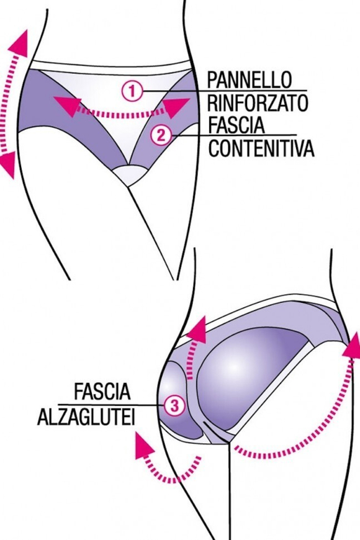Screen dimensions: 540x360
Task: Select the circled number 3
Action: tap(174, 406)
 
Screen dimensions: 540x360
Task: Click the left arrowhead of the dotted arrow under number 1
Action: tap(62, 106)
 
